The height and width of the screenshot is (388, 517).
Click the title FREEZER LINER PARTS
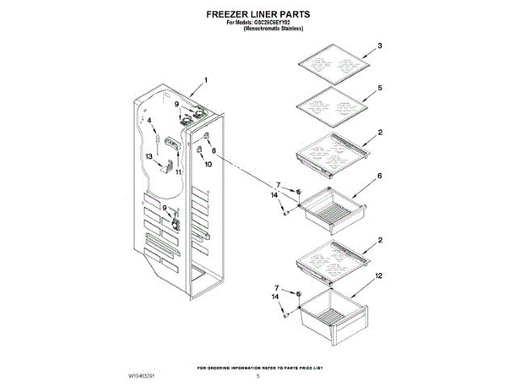pos(258,14)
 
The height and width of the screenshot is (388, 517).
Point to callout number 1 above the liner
pos(205,80)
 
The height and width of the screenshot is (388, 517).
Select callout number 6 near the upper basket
pos(379,175)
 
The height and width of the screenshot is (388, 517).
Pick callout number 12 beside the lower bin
pos(379,277)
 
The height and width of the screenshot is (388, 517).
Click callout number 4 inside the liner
pos(149,120)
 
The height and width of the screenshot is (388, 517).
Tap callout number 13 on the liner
pos(149,155)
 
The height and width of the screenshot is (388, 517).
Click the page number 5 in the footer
pos(258,377)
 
